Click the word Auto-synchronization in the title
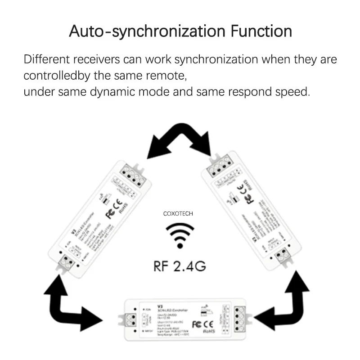146,31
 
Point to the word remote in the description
164,75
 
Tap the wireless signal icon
180,235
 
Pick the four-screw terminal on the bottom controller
239,321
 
